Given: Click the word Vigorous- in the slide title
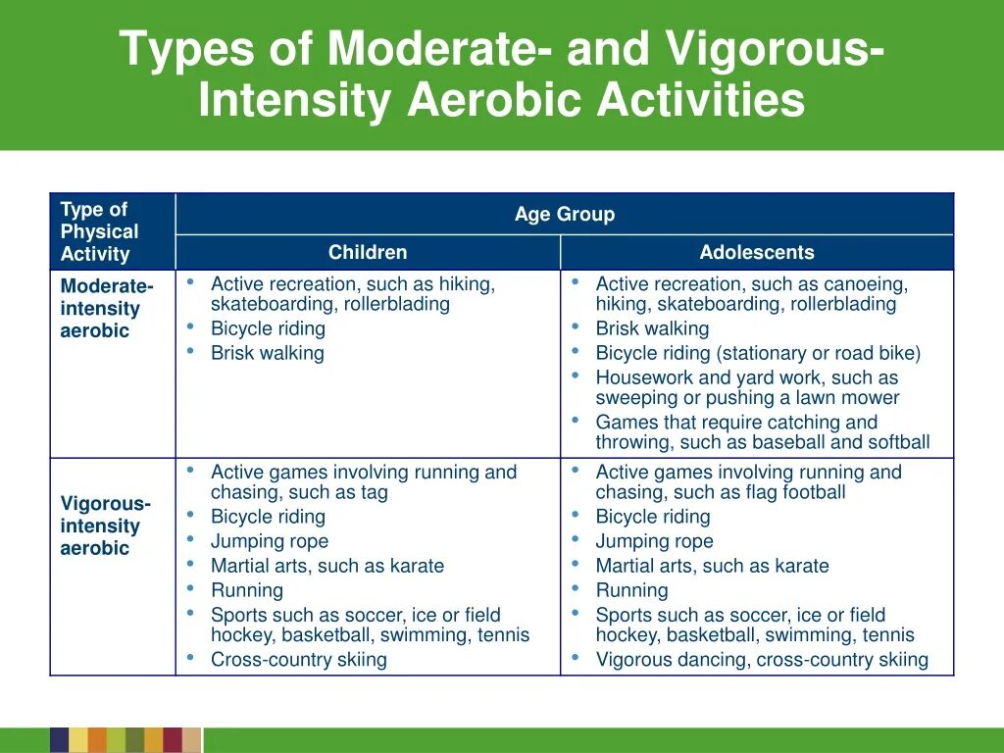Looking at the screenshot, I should (x=775, y=49).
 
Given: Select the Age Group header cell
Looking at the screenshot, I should (x=564, y=215).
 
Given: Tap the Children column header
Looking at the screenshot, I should (x=367, y=252).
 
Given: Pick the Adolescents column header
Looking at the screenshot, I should (x=756, y=252).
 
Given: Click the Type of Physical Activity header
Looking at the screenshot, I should (x=99, y=231).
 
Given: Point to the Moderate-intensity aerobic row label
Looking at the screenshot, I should (x=106, y=308).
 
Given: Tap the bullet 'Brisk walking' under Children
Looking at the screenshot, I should (x=267, y=353).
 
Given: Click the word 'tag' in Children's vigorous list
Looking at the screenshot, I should (x=374, y=492).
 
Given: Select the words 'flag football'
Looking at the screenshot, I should (x=792, y=492).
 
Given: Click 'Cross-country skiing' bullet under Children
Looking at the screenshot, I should (x=298, y=660).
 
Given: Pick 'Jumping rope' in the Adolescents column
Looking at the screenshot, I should (x=654, y=541).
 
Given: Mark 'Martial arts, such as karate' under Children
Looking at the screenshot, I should (x=326, y=566).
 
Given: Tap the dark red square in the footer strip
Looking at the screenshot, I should (x=173, y=740).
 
